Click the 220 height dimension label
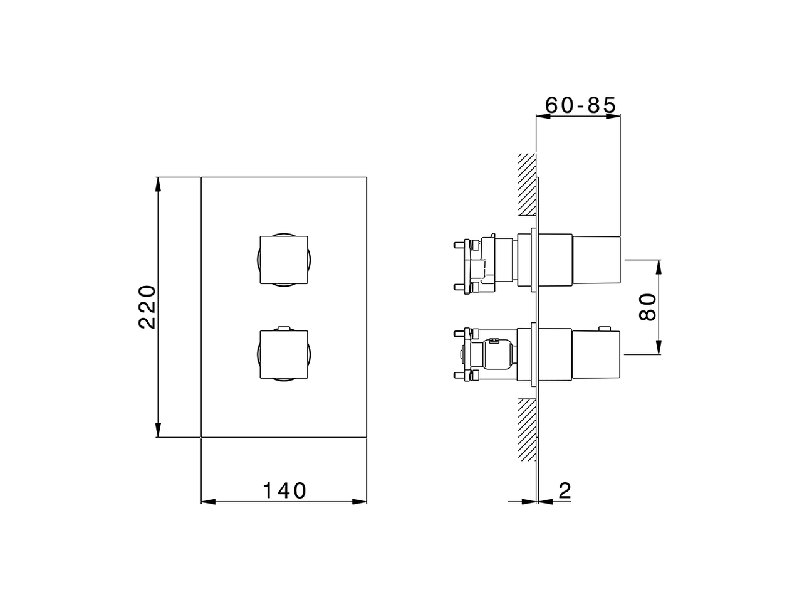point(147,307)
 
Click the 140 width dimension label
point(284,490)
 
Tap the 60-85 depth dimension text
point(581,105)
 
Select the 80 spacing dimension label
point(648,307)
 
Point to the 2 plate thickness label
point(565,490)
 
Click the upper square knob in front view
point(284,260)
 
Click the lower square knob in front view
point(284,354)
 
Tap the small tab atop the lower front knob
point(284,327)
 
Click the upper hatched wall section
point(527,185)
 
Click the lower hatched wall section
point(527,430)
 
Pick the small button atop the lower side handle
point(605,327)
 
